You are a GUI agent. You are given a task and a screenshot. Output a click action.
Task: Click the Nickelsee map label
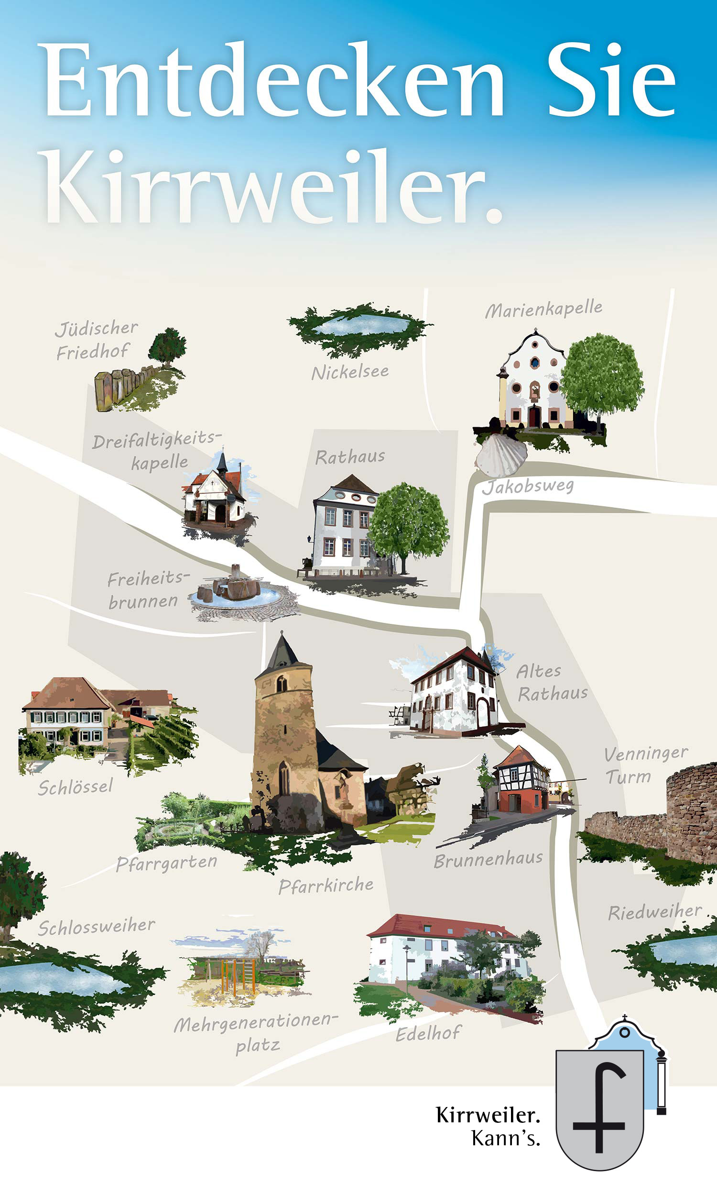point(350,372)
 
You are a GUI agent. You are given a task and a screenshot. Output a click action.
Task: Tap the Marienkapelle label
point(543,309)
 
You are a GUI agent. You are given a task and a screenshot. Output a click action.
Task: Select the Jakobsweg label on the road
point(528,486)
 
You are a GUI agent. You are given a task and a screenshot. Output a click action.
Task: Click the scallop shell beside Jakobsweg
point(500,455)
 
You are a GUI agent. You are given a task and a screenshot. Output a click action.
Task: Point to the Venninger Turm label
point(645,765)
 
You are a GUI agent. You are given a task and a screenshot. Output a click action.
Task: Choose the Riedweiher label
point(655,912)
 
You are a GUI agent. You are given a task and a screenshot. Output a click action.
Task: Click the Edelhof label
point(428,1033)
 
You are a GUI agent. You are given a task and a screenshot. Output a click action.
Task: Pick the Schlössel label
point(76,787)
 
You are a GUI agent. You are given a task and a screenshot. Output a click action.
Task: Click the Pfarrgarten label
point(167,863)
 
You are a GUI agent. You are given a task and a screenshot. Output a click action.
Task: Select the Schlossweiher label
point(97,927)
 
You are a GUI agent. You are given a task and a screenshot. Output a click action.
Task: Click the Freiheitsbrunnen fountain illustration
point(237,590)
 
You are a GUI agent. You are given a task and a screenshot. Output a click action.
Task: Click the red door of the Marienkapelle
point(533,416)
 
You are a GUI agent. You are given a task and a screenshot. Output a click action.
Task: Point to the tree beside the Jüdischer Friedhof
point(167,345)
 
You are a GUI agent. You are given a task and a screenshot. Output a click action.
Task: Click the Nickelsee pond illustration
point(360,326)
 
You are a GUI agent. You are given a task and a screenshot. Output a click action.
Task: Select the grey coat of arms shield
point(599,1107)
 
